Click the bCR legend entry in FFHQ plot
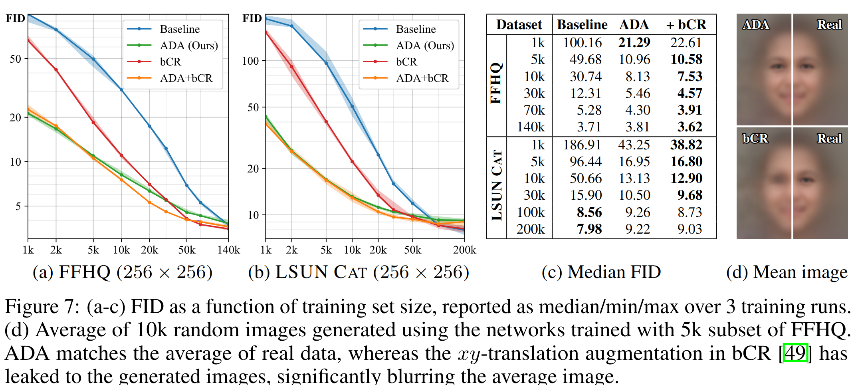point(170,62)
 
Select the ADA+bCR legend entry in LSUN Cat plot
point(422,78)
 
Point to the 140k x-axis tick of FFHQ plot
point(228,250)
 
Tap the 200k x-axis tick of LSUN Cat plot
point(464,250)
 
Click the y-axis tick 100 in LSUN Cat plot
point(250,61)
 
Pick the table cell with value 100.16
point(582,43)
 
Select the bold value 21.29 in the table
point(634,42)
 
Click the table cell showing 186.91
point(582,145)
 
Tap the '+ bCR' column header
point(686,25)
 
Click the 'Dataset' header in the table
point(519,25)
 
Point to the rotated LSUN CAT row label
point(497,186)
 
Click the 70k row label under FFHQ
point(534,110)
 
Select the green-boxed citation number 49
point(795,353)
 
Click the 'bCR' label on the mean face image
point(755,139)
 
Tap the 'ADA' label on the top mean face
point(755,25)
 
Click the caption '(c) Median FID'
point(601,272)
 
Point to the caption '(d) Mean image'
point(786,272)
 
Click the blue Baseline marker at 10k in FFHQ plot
point(121,90)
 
